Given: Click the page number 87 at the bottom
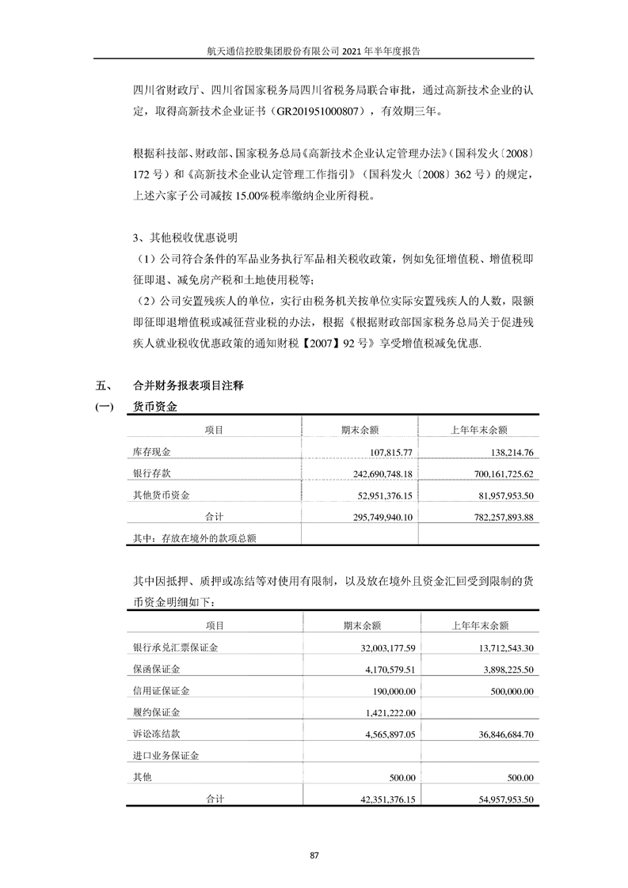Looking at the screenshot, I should (314, 856).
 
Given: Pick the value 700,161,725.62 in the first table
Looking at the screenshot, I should (492, 473).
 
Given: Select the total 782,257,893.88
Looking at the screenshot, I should (492, 517).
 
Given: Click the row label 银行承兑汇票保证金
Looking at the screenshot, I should (175, 647).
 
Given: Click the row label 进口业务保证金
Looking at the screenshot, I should (166, 756).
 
